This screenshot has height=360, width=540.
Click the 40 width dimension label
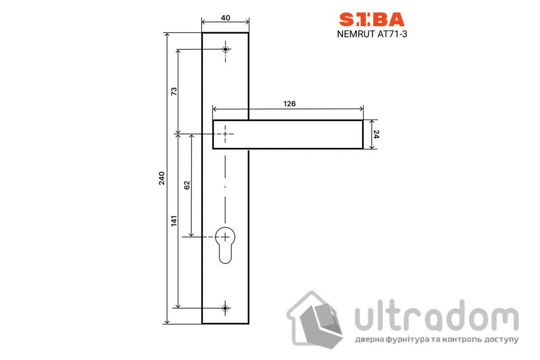(x=225, y=17)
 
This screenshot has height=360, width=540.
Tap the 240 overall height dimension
(x=161, y=178)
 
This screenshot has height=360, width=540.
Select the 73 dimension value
(x=174, y=91)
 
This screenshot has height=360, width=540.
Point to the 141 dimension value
(x=174, y=221)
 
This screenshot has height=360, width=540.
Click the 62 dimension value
(x=187, y=185)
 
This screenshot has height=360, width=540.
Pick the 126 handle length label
(x=289, y=103)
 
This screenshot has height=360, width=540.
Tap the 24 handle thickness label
(x=376, y=134)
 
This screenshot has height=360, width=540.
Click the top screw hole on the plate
(x=226, y=49)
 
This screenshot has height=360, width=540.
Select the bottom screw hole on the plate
(x=225, y=308)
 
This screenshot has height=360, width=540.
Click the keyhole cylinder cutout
(x=225, y=244)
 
